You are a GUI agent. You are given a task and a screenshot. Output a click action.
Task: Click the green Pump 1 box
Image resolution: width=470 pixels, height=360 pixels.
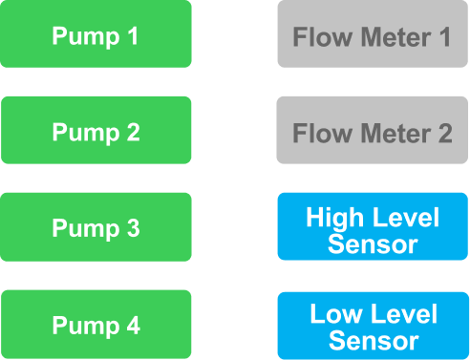96,33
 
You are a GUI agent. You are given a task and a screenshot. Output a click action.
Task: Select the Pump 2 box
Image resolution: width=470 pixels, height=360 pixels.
96,130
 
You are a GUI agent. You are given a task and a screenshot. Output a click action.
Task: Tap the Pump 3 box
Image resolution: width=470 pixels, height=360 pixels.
96,227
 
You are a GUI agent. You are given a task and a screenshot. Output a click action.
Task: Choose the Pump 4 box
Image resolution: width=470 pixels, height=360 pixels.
96,325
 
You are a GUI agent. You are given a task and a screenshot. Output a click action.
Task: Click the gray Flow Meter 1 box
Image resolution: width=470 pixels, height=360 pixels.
373,33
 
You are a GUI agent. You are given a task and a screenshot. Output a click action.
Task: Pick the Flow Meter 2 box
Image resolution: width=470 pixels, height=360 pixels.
373,130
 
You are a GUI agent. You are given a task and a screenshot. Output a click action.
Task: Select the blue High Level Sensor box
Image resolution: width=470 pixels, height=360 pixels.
373,226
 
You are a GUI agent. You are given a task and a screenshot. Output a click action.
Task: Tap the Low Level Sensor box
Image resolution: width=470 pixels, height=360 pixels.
374,326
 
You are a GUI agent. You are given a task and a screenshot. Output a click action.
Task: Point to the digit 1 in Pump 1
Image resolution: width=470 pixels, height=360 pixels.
134,35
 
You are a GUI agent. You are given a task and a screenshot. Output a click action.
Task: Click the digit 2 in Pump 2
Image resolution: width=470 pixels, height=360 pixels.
134,132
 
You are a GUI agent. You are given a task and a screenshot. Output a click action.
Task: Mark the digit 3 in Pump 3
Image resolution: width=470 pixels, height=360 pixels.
134,228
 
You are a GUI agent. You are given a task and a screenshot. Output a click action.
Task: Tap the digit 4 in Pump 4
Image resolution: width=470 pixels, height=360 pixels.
134,326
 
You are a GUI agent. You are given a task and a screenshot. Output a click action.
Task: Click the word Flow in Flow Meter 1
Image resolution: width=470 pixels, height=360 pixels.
322,37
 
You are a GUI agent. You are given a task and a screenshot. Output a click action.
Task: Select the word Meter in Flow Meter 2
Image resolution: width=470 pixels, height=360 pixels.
396,133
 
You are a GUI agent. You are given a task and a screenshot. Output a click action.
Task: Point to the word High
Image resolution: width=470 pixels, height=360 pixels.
334,219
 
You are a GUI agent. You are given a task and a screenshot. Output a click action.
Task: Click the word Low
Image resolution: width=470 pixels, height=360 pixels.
335,314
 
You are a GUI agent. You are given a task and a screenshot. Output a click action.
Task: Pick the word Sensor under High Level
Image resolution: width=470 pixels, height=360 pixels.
373,244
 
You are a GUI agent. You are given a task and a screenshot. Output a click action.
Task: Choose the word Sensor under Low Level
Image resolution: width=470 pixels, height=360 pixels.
374,341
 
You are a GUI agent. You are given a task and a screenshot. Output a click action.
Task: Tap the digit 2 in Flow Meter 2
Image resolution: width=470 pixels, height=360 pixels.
445,133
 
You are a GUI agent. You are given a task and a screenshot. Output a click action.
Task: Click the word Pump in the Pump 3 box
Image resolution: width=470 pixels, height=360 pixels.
86,229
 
